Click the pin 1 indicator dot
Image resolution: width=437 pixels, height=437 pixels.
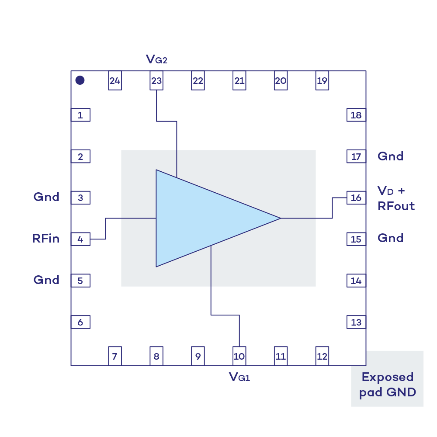(x=80, y=80)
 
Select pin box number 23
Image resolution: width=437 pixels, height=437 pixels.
(x=156, y=80)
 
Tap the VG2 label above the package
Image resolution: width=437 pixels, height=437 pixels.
(x=156, y=59)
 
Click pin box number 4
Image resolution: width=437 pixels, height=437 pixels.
(x=80, y=239)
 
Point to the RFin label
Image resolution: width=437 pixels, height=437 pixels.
(x=46, y=239)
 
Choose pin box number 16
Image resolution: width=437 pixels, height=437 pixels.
(x=356, y=198)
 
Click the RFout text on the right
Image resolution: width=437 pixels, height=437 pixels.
(x=396, y=206)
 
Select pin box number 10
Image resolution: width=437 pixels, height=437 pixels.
(x=239, y=356)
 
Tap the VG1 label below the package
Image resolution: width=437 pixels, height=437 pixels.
(x=239, y=377)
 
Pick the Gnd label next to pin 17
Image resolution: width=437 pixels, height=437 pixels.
(x=390, y=156)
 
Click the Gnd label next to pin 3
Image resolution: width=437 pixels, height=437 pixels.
(x=46, y=197)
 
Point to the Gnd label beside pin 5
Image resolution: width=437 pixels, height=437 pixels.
(x=46, y=280)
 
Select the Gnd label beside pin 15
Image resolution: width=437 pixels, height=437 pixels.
(x=390, y=238)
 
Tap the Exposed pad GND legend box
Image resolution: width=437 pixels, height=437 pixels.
(x=387, y=379)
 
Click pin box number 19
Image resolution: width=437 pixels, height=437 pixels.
(x=322, y=80)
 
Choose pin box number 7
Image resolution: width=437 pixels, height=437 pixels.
(x=115, y=356)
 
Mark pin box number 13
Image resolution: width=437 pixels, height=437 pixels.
(x=356, y=322)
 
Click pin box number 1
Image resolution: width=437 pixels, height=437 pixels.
(x=80, y=115)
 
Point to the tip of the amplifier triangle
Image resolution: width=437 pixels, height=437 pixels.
(x=281, y=218)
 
